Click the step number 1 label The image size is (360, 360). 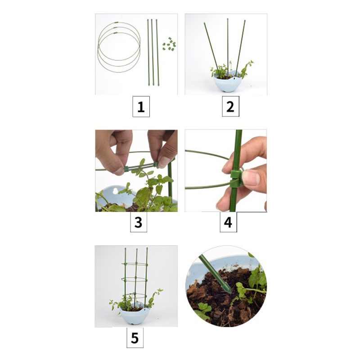141,107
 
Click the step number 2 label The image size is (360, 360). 230,107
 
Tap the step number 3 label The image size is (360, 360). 138,222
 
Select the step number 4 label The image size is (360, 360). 228,222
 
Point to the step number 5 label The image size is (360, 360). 135,338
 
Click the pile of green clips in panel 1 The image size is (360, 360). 169,44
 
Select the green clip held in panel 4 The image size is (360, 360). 237,178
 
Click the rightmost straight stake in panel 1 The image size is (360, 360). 157,53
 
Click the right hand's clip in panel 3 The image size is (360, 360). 156,164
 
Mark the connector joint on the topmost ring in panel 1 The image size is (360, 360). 117,22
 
